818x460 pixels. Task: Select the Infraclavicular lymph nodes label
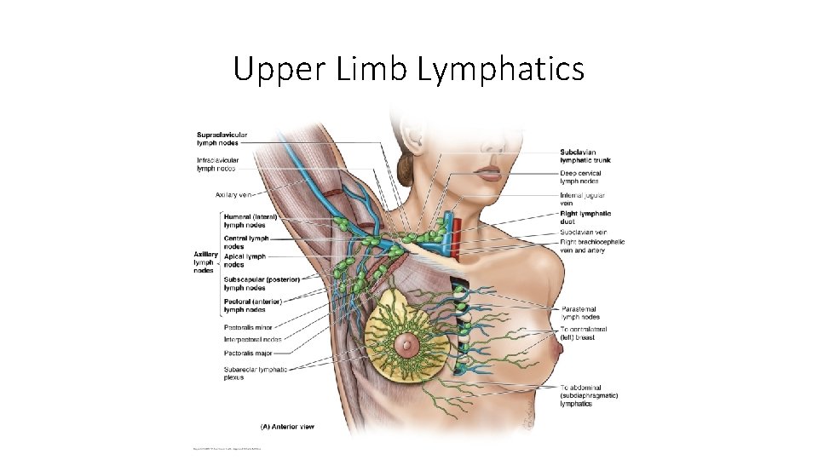click(x=217, y=164)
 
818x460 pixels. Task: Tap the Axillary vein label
click(x=233, y=195)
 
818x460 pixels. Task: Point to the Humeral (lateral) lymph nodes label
click(x=251, y=221)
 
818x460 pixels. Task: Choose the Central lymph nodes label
click(x=246, y=243)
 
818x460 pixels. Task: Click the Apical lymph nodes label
click(x=245, y=260)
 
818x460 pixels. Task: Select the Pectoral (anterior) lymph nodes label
click(x=253, y=305)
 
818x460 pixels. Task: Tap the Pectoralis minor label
click(x=248, y=327)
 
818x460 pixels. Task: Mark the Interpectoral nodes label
click(x=252, y=340)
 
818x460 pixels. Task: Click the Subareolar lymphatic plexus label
click(x=255, y=373)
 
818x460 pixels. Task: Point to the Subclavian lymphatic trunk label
click(x=585, y=156)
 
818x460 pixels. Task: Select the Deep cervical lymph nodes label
click(x=580, y=177)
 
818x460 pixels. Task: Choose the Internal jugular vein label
click(x=583, y=198)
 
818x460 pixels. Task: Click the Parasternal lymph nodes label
click(x=580, y=313)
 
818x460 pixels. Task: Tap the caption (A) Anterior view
click(x=287, y=426)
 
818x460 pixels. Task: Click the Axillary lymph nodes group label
click(x=204, y=262)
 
